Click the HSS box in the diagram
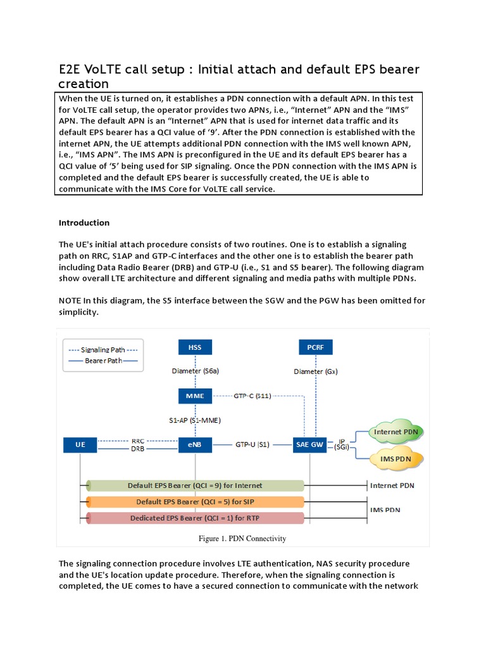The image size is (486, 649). (195, 347)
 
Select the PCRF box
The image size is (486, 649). (315, 347)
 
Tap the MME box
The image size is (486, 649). (195, 397)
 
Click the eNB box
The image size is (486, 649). (195, 445)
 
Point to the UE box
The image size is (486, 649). (80, 445)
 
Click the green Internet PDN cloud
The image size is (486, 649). (396, 432)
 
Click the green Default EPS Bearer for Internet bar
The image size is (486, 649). (195, 486)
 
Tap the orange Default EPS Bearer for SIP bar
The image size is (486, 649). (195, 502)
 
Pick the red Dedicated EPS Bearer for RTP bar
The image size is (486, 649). (195, 518)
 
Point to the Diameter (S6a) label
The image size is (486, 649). (195, 371)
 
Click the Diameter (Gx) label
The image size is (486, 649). (315, 371)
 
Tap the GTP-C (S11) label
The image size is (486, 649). (253, 396)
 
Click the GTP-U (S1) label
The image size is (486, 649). (252, 445)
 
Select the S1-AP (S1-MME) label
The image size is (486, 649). (195, 420)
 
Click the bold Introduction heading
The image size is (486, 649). (84, 223)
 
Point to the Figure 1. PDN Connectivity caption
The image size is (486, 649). (243, 539)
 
